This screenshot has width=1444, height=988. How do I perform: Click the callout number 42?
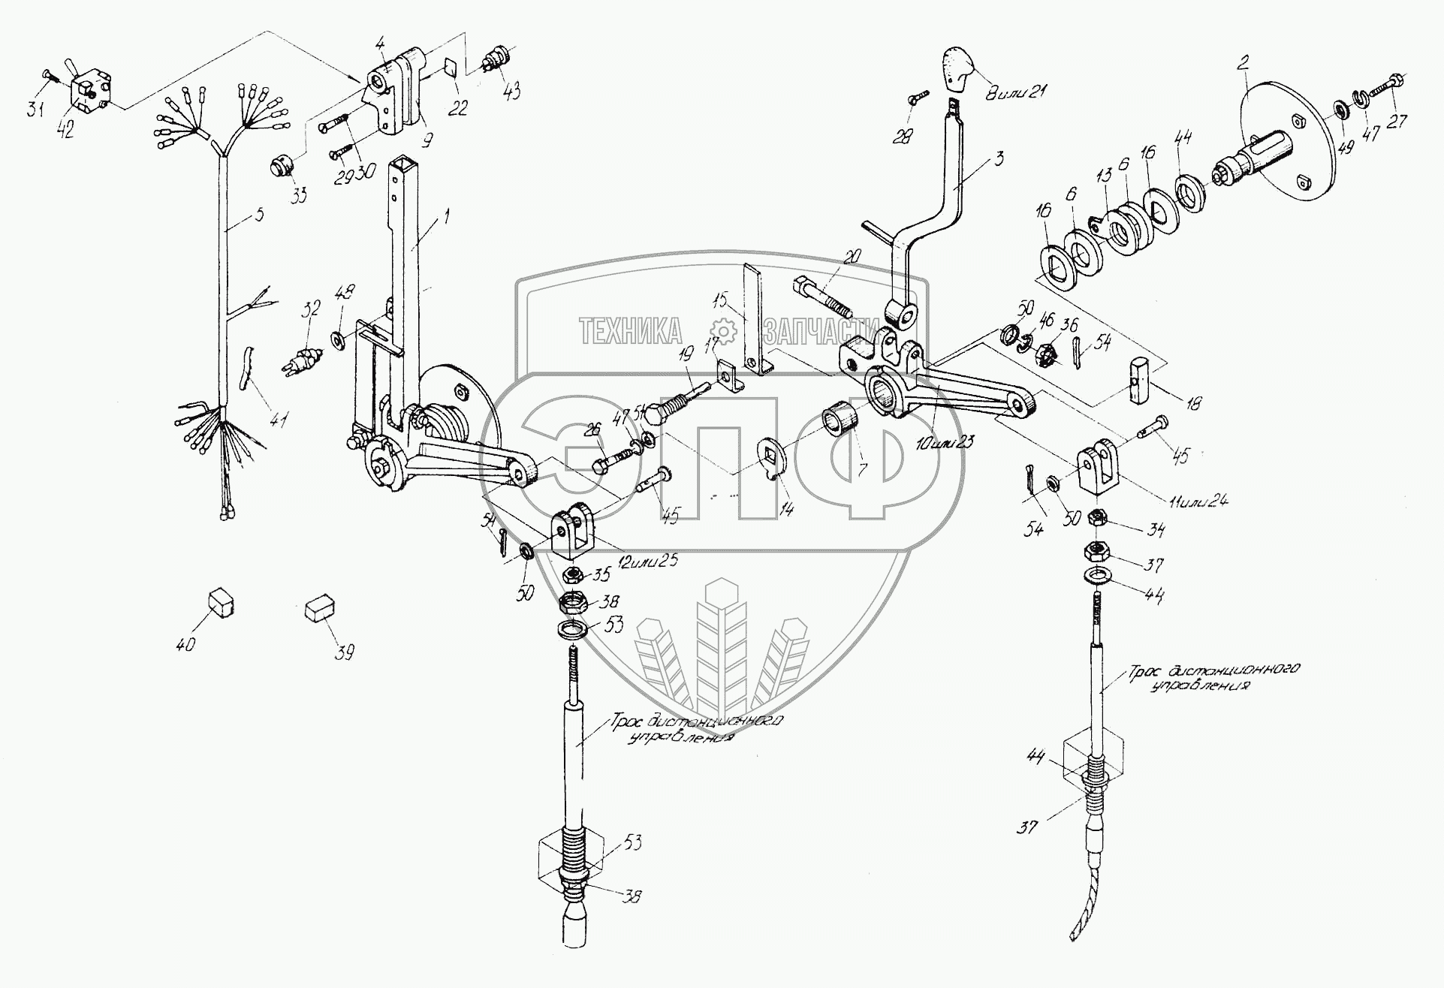pyautogui.click(x=65, y=130)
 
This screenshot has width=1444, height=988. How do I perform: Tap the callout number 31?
pyautogui.click(x=35, y=110)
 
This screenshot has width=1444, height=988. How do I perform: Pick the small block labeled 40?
pyautogui.click(x=219, y=602)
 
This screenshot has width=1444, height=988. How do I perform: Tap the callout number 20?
pyautogui.click(x=852, y=257)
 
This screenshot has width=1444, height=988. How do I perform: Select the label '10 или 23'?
pyautogui.click(x=945, y=442)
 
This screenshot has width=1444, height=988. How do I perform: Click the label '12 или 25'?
pyautogui.click(x=647, y=561)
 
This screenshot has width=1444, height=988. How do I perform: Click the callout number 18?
pyautogui.click(x=1192, y=405)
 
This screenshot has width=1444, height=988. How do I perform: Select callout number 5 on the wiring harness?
pyautogui.click(x=258, y=215)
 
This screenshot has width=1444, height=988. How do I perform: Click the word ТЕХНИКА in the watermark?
pyautogui.click(x=631, y=330)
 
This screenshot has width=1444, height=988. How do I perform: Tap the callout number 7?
pyautogui.click(x=861, y=470)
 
